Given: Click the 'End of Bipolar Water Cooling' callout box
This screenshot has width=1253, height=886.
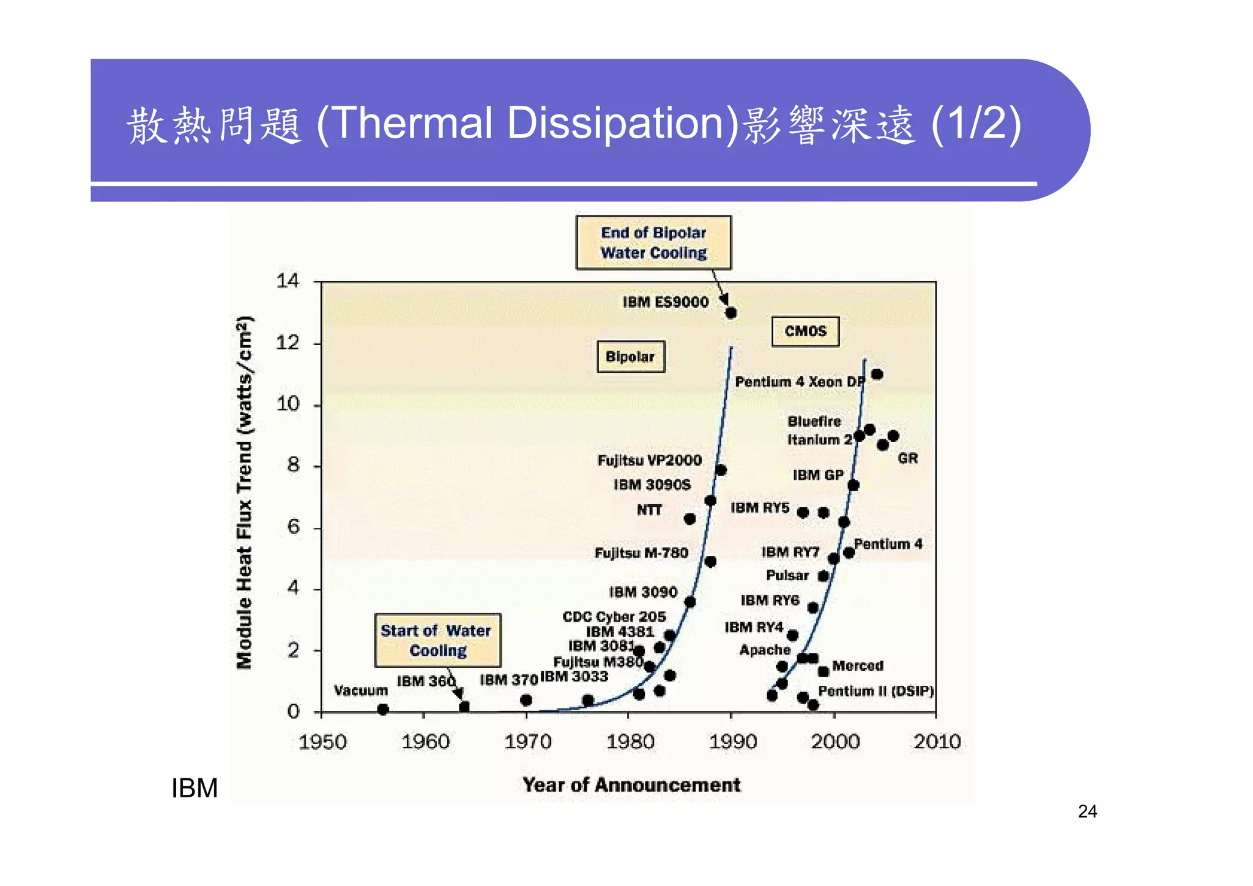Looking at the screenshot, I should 653,242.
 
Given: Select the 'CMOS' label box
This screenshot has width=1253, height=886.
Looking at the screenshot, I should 805,331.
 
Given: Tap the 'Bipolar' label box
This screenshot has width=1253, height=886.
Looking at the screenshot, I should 630,357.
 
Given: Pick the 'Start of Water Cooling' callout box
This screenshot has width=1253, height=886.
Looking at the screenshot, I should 437,640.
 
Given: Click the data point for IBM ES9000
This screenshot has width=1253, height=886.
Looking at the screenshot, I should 731,313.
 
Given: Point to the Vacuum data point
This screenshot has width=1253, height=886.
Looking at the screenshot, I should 383,709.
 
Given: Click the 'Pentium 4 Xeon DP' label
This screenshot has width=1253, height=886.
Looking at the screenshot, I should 800,382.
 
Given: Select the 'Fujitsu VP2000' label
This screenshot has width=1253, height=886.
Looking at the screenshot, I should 649,460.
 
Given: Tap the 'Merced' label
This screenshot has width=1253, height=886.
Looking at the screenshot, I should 858,665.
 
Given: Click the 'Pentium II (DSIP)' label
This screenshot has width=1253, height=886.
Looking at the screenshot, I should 876,691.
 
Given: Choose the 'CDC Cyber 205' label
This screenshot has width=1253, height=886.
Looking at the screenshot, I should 614,616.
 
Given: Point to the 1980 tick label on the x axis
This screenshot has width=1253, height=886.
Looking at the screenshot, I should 630,742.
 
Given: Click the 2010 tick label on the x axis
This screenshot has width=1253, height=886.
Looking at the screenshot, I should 937,742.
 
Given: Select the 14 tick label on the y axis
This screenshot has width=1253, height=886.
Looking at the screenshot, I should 288,281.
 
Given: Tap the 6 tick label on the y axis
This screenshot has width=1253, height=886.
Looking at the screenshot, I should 294,527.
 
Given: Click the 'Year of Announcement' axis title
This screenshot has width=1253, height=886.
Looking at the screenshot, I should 631,784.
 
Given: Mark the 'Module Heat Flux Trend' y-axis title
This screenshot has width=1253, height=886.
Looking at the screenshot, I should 245,493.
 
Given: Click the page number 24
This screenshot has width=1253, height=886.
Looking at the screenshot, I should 1087,811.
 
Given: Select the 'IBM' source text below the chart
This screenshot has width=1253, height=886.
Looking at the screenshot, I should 195,788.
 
